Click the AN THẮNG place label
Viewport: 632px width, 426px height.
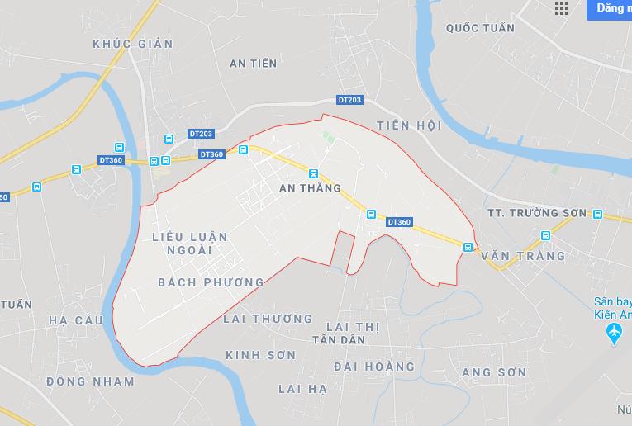(310, 188)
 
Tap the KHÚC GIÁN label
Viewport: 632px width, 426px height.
(133, 44)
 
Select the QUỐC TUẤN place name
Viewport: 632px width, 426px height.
(480, 28)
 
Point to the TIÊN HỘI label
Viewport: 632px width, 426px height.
(409, 125)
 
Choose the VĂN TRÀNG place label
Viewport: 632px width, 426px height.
(523, 256)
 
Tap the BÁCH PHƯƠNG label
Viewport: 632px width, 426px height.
(211, 282)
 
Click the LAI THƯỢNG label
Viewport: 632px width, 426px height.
(268, 319)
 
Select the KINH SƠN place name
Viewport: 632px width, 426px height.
(260, 354)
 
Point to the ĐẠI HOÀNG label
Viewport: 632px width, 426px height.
(373, 366)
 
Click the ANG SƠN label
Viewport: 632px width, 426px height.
(494, 372)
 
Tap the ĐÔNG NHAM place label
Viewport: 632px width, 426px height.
(90, 381)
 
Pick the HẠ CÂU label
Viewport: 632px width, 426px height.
(76, 320)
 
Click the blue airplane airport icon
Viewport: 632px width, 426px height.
(613, 333)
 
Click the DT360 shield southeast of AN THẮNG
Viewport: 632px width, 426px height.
(399, 221)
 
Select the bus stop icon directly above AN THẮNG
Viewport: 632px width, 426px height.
(313, 173)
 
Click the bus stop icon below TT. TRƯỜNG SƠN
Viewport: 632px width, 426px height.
(545, 235)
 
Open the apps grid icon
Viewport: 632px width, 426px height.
(562, 8)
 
